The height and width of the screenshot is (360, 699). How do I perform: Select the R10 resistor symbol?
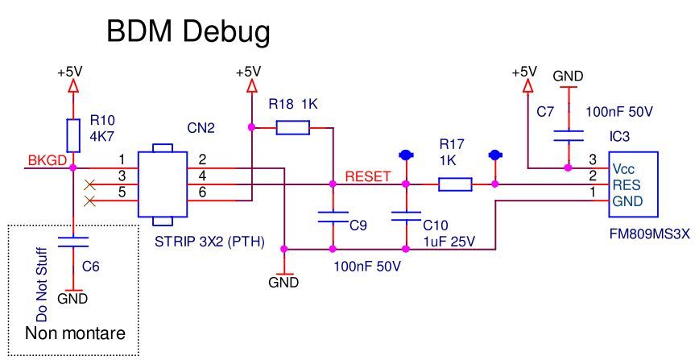(73, 135)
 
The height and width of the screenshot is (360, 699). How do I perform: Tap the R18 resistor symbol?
(292, 126)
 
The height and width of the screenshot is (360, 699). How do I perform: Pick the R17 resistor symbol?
(455, 185)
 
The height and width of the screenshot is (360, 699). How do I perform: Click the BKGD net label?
(46, 160)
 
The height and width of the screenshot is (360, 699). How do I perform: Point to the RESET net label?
(368, 176)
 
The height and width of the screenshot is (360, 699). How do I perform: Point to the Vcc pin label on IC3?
(622, 169)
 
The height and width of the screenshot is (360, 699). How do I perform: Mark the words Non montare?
(68, 333)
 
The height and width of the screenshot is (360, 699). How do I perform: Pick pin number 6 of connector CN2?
(202, 192)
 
